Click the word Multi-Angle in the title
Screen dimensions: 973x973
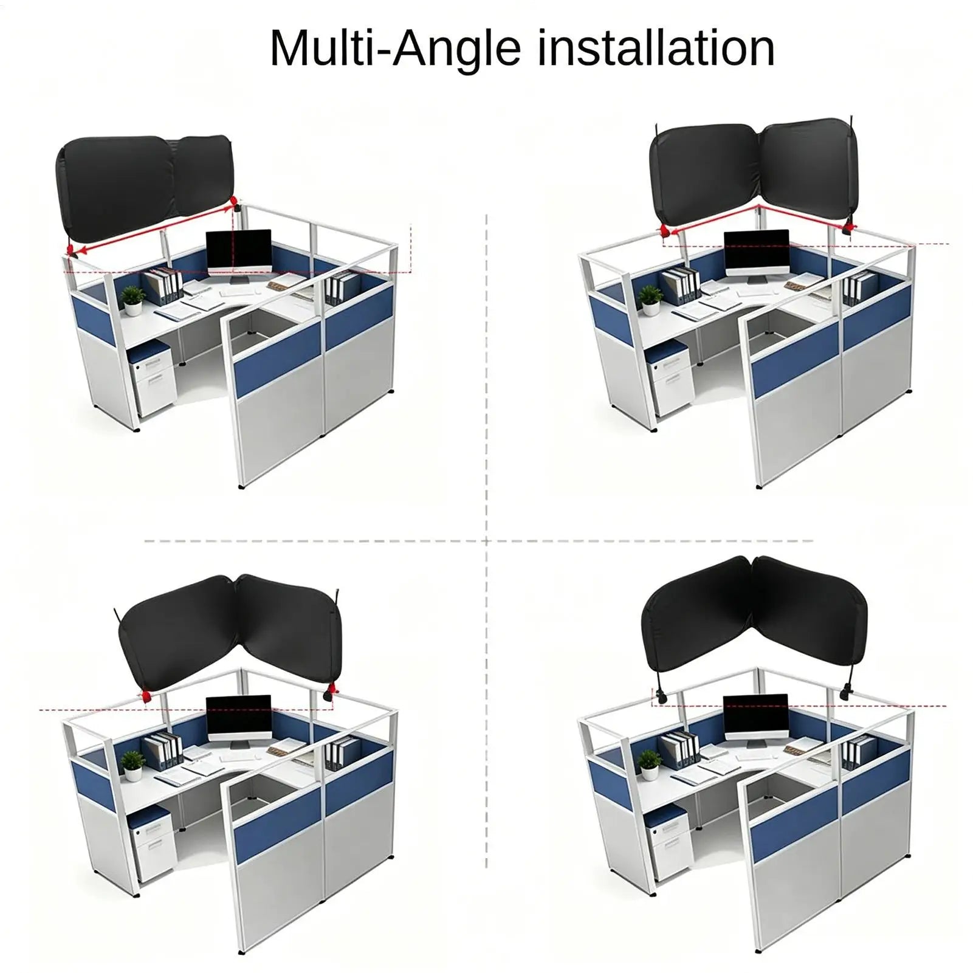click(396, 48)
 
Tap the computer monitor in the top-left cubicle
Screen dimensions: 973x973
click(238, 255)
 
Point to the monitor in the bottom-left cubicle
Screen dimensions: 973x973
click(238, 720)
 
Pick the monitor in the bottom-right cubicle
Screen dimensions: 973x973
click(756, 720)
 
